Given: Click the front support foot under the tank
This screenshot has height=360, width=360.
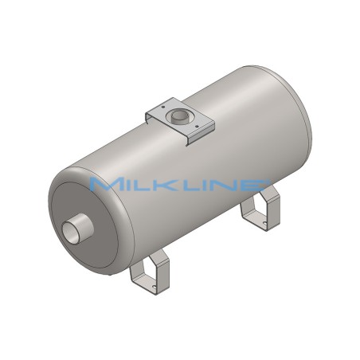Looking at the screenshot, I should [x=149, y=270].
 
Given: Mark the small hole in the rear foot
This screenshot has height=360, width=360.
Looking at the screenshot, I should [x=254, y=221].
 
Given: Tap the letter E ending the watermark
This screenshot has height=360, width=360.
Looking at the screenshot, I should [x=256, y=185].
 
